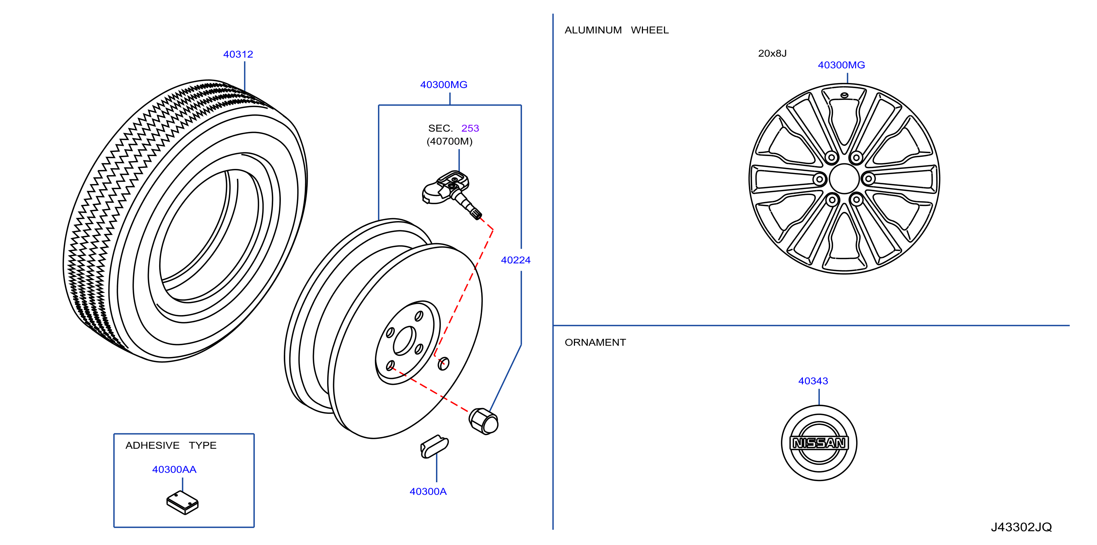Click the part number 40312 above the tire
(238, 54)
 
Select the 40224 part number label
(515, 260)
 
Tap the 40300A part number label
(428, 491)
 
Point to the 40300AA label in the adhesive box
(174, 469)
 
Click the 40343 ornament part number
(813, 381)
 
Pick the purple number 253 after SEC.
(470, 128)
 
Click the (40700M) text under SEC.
(450, 141)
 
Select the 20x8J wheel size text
(772, 53)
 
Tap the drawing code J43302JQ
(1021, 527)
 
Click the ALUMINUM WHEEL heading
(617, 30)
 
